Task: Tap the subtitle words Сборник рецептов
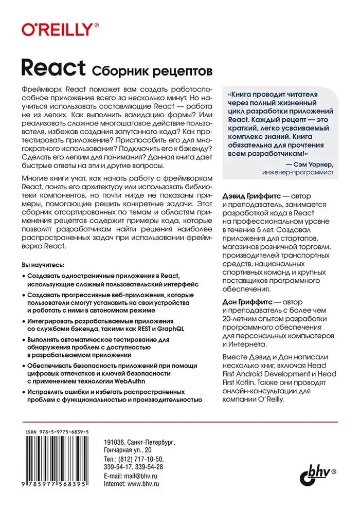(151, 69)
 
